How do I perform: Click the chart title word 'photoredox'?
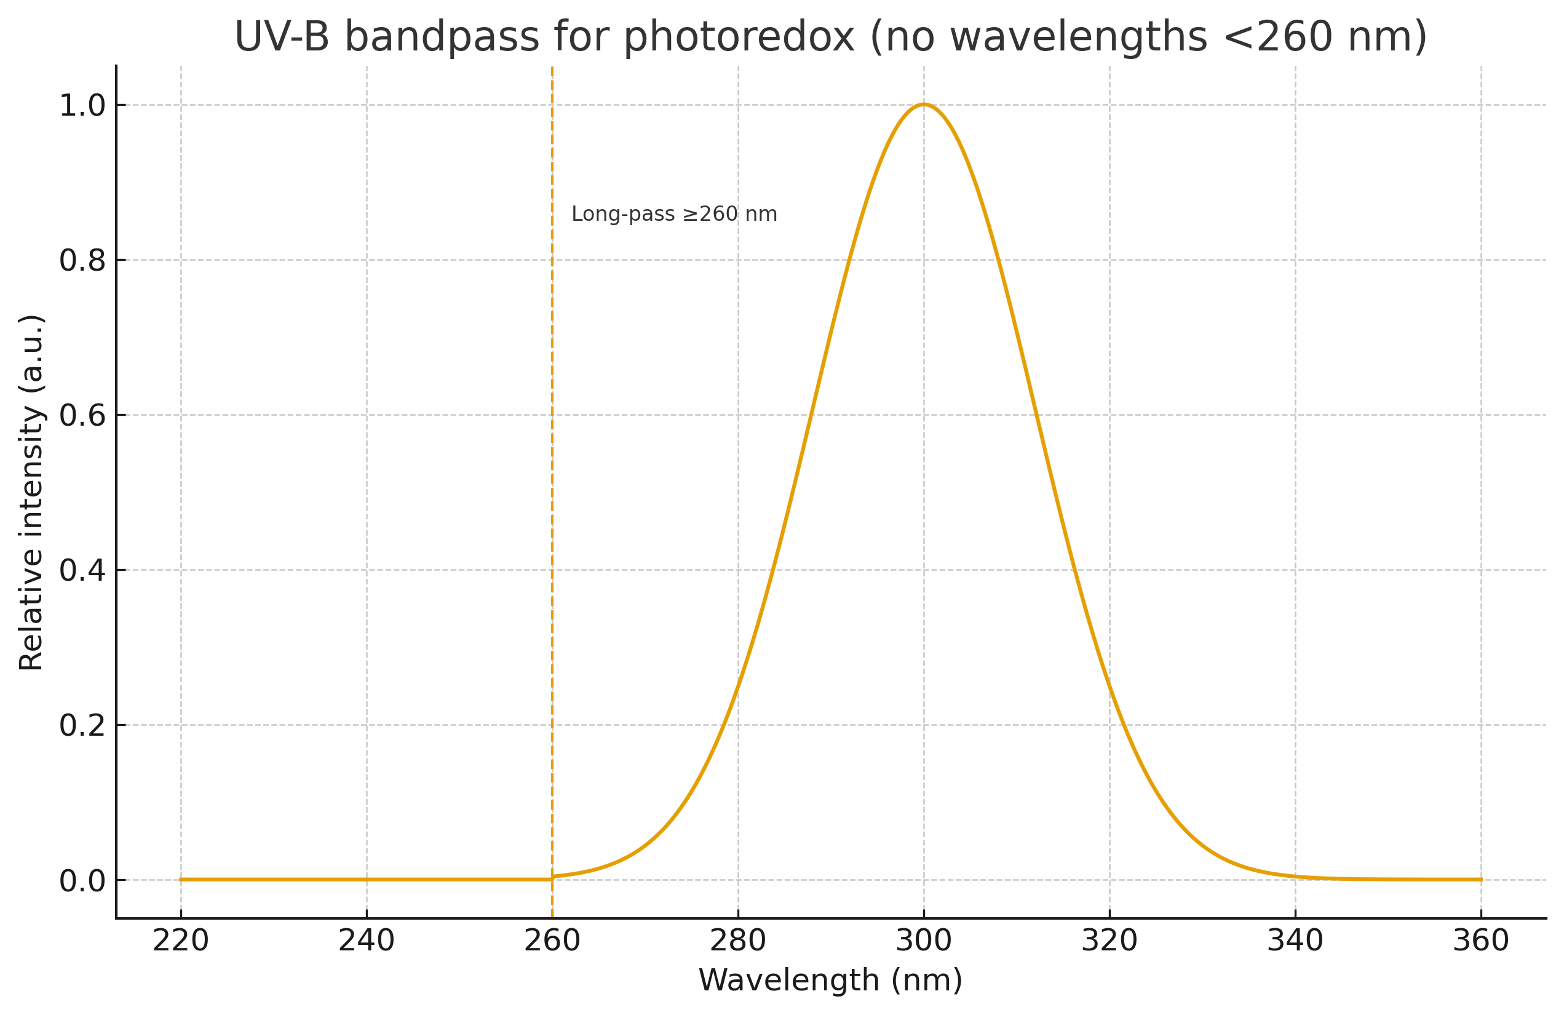pyautogui.click(x=739, y=37)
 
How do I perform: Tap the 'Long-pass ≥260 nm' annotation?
pyautogui.click(x=673, y=214)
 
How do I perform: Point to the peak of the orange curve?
pyautogui.click(x=923, y=105)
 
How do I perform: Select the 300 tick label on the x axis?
pyautogui.click(x=923, y=941)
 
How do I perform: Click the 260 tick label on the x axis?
pyautogui.click(x=552, y=941)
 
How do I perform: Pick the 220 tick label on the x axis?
pyautogui.click(x=181, y=941)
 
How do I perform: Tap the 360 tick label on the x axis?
pyautogui.click(x=1480, y=941)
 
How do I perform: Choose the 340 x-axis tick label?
pyautogui.click(x=1295, y=941)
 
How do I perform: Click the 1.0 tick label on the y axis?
pyautogui.click(x=82, y=106)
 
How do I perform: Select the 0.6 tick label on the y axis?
pyautogui.click(x=82, y=415)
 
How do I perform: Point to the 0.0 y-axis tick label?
pyautogui.click(x=82, y=881)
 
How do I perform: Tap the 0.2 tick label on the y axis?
pyautogui.click(x=82, y=726)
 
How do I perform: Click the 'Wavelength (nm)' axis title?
pyautogui.click(x=830, y=980)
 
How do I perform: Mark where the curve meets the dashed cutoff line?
pyautogui.click(x=552, y=878)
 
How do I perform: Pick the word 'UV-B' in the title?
pyautogui.click(x=281, y=37)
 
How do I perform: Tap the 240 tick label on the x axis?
pyautogui.click(x=366, y=941)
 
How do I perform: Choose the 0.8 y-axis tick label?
pyautogui.click(x=82, y=261)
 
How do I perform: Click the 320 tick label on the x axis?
pyautogui.click(x=1109, y=941)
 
